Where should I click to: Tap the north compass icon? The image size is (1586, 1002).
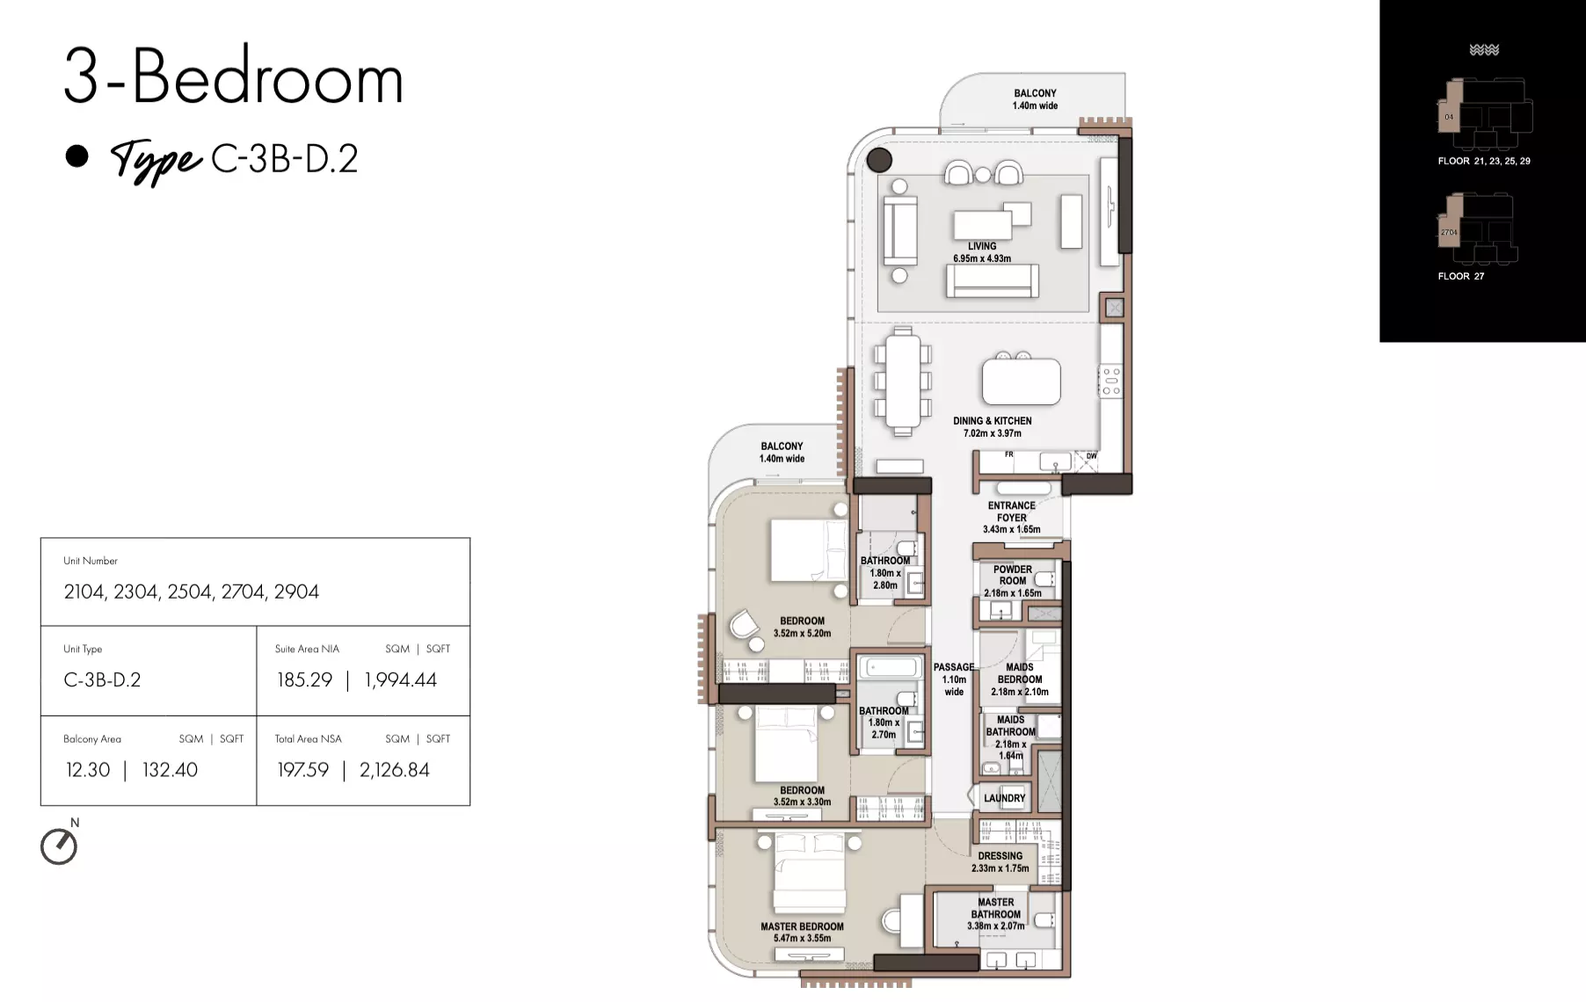coord(59,846)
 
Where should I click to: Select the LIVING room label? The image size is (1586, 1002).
coord(982,252)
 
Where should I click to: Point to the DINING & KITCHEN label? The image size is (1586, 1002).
coord(993,427)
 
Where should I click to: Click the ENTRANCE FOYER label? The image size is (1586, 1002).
coord(1012,518)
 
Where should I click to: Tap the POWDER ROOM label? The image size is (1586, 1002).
coord(1013,581)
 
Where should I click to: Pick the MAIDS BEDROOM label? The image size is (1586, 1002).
coord(1020,679)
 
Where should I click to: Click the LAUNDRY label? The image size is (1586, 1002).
coord(1005,798)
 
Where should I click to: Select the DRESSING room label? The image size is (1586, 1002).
coord(1000,862)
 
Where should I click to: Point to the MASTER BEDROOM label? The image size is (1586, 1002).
coord(802,933)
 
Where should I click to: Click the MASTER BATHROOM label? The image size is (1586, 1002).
coord(996,914)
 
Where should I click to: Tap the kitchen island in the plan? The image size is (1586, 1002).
coord(1021,381)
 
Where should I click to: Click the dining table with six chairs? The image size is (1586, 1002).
coord(903,381)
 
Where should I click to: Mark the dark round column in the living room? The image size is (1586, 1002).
coord(879,160)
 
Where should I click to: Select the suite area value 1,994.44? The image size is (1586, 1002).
coord(400,679)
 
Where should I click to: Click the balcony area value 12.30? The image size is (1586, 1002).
coord(88,770)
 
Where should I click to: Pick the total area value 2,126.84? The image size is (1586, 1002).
coord(395,770)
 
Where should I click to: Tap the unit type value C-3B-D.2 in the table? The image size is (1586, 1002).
coord(102,679)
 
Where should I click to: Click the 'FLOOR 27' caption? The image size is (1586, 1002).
coord(1461,276)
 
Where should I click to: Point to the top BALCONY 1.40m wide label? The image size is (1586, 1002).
coord(1035,99)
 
